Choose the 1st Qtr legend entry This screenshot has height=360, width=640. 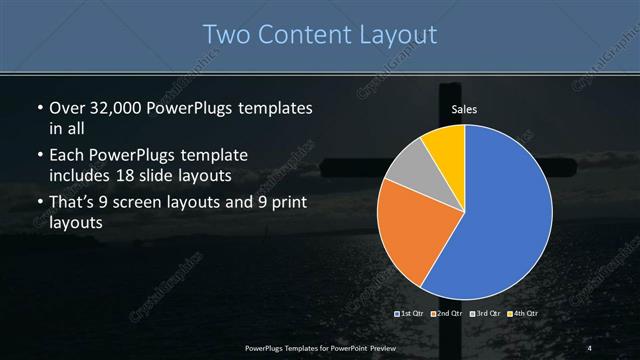[410, 315]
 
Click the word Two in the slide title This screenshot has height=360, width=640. [226, 35]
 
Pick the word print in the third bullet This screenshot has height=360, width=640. [286, 203]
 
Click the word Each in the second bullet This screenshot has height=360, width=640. [66, 157]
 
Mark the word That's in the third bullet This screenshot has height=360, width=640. [74, 203]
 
